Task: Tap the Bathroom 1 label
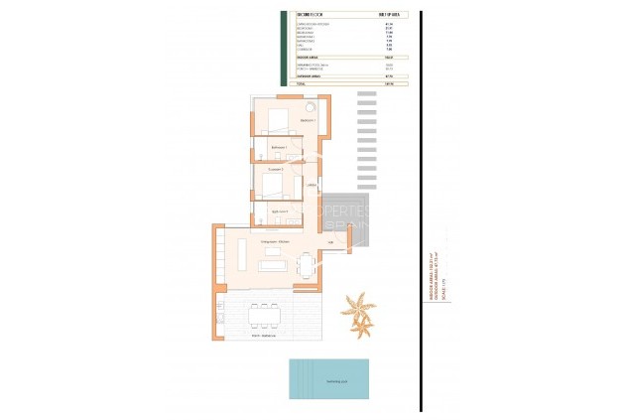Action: point(280,148)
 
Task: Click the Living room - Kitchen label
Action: point(275,242)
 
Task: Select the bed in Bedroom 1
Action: point(278,121)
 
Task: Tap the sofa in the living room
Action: point(274,265)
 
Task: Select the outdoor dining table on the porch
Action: point(264,315)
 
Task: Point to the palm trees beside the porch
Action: point(358,309)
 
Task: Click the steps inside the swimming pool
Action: point(295,378)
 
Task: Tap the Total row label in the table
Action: point(302,84)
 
